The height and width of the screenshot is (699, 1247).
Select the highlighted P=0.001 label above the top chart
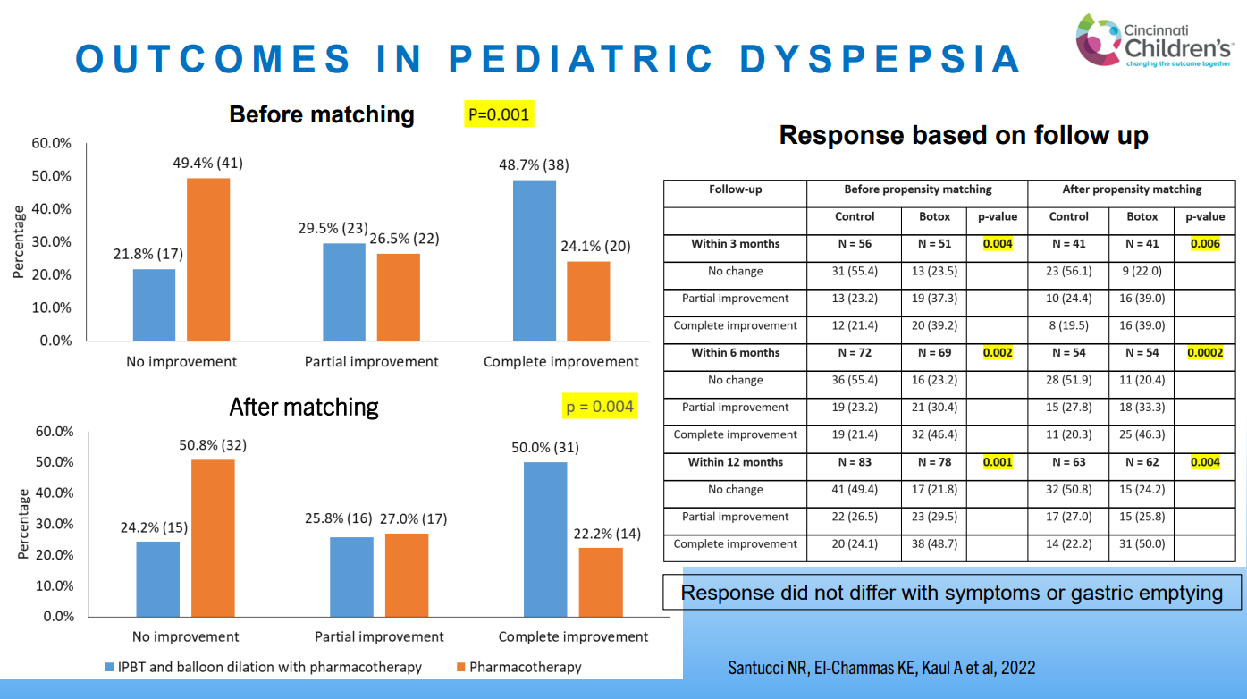[499, 114]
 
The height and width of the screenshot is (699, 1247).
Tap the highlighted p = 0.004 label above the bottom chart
[600, 407]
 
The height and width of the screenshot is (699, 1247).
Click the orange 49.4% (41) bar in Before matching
[208, 259]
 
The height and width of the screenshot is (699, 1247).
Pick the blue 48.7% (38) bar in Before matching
[535, 260]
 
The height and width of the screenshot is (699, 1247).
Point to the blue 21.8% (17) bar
[154, 304]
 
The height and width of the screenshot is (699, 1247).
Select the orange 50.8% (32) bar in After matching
[213, 537]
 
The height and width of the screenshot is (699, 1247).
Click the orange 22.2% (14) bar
[601, 581]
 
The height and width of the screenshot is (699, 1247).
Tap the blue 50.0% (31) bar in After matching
[544, 539]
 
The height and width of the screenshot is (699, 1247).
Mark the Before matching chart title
[322, 114]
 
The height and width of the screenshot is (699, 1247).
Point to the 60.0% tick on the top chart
[52, 143]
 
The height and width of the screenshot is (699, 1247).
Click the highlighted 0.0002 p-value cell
[1205, 353]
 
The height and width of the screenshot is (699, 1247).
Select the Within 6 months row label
[735, 353]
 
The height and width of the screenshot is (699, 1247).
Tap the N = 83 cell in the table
[855, 462]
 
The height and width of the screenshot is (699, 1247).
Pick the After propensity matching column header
[1132, 189]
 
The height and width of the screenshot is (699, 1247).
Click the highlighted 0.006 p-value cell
[1205, 244]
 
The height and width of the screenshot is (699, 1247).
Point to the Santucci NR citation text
[880, 668]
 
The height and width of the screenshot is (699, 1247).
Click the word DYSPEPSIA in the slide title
[880, 59]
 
